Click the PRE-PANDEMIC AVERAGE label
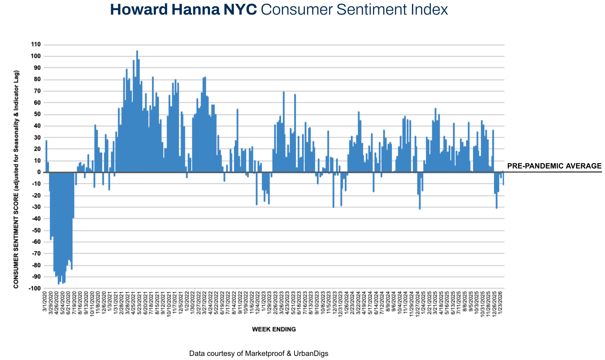click(554, 166)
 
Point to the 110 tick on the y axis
click(36, 45)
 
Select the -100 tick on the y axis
click(35, 289)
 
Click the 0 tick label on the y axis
click(39, 172)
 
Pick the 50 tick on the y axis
click(37, 114)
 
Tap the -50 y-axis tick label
click(36, 231)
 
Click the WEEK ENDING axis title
click(274, 329)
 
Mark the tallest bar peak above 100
click(137, 51)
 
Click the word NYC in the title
click(240, 10)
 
